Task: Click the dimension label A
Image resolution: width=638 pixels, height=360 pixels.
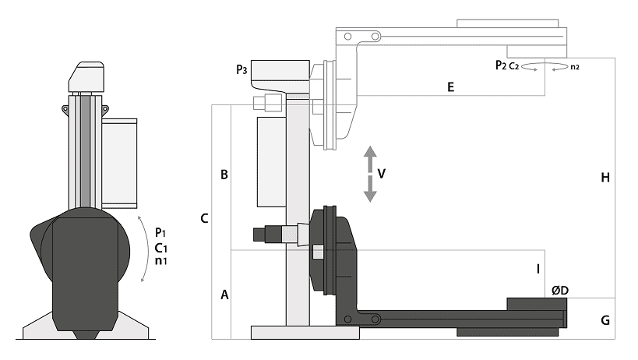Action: (x=224, y=295)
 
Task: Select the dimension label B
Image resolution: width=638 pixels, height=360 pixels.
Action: (x=224, y=175)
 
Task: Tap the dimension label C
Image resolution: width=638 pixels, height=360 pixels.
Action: (x=205, y=218)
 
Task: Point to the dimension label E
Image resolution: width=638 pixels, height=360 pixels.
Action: (x=450, y=87)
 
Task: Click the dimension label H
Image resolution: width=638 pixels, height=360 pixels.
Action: (x=605, y=178)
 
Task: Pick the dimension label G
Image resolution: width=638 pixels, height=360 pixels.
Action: (x=605, y=320)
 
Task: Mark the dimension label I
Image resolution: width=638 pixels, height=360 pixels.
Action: (x=538, y=269)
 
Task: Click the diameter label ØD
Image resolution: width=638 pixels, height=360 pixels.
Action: (x=560, y=291)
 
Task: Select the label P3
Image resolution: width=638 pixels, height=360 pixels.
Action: (x=241, y=70)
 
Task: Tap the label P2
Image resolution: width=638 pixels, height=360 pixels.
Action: (x=501, y=65)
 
